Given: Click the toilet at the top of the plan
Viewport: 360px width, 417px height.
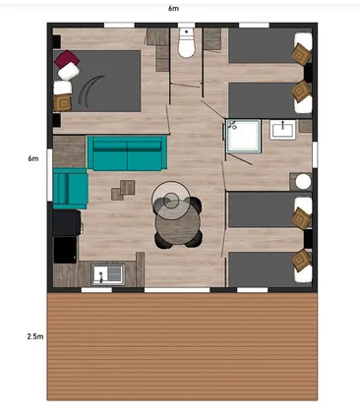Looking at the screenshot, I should coord(186,43).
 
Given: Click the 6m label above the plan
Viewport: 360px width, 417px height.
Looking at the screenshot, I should coord(174,8).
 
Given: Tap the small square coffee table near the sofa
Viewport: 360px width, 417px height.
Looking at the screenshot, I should coord(124,187).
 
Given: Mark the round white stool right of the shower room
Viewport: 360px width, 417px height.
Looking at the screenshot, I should coord(302,183).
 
